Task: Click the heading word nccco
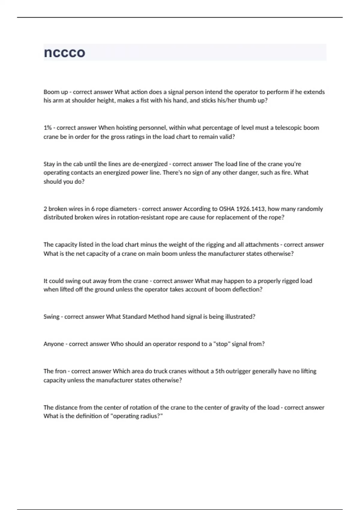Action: click(x=64, y=52)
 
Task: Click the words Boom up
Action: click(x=56, y=92)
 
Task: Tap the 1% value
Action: click(x=47, y=128)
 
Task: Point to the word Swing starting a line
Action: click(x=51, y=317)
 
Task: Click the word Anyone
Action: click(x=54, y=344)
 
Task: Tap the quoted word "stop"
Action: click(x=221, y=344)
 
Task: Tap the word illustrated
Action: click(x=239, y=317)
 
